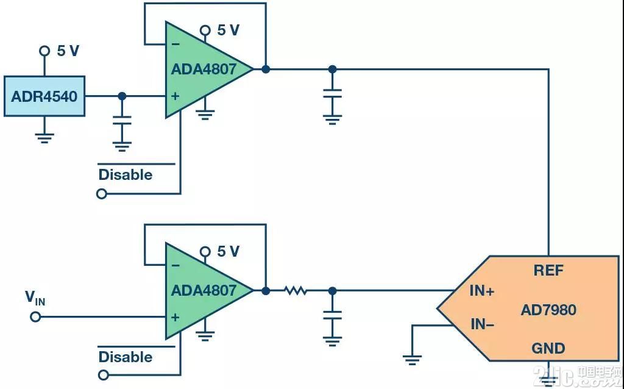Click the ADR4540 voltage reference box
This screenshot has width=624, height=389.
[44, 96]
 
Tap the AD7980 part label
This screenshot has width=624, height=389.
[548, 310]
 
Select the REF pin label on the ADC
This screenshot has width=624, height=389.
[549, 271]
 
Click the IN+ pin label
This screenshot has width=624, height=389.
[482, 291]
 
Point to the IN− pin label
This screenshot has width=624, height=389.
[482, 324]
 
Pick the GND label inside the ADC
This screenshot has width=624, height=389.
[548, 349]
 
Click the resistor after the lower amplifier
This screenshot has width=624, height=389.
[296, 291]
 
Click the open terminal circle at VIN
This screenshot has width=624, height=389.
[35, 317]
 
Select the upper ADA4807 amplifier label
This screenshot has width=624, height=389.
[204, 70]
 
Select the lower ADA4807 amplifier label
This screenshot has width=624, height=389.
[204, 290]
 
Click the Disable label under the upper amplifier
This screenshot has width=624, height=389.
[126, 175]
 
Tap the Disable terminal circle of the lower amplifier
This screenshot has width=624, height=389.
[103, 375]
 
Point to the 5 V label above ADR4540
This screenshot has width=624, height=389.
[68, 51]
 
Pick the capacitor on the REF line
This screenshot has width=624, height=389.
[332, 93]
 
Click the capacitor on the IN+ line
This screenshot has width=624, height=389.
[332, 315]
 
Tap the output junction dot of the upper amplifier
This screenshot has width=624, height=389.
[266, 70]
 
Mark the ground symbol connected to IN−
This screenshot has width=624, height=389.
[413, 360]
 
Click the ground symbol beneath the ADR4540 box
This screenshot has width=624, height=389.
[44, 138]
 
